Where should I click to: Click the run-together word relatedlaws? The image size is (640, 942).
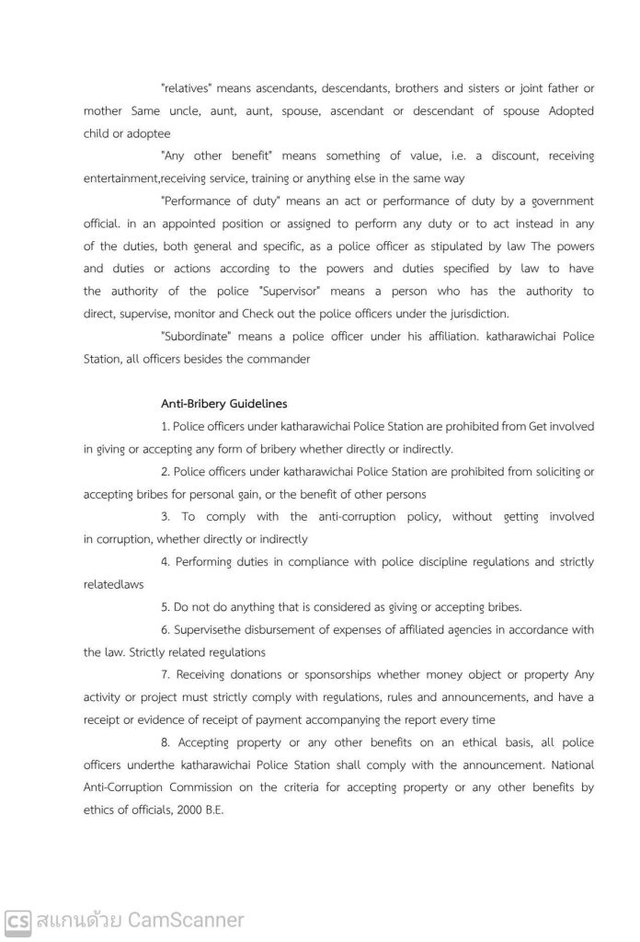(x=113, y=583)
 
